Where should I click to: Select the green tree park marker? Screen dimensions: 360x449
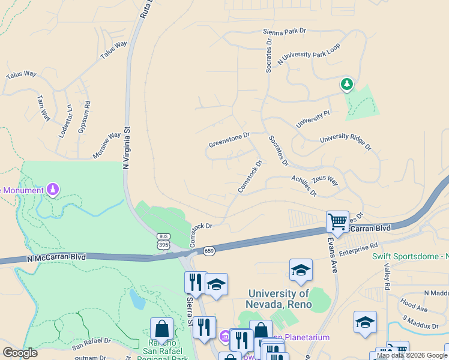pos(346,85)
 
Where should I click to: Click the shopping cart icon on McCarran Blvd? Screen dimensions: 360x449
pos(337,221)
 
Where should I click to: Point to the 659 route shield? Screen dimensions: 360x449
pos(209,250)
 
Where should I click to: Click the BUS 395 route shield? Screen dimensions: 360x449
pos(163,241)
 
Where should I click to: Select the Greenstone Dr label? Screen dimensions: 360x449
pos(229,140)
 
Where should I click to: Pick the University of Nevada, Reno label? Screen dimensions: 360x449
pos(280,299)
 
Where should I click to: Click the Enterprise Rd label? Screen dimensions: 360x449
pos(358,249)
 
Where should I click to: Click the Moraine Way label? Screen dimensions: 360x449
pos(107,146)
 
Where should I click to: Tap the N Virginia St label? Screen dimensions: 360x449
pos(127,147)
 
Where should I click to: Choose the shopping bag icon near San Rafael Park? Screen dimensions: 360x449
pos(161,329)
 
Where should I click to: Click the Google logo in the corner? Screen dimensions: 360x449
pos(20,353)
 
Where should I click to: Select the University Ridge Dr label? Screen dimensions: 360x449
pos(346,142)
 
